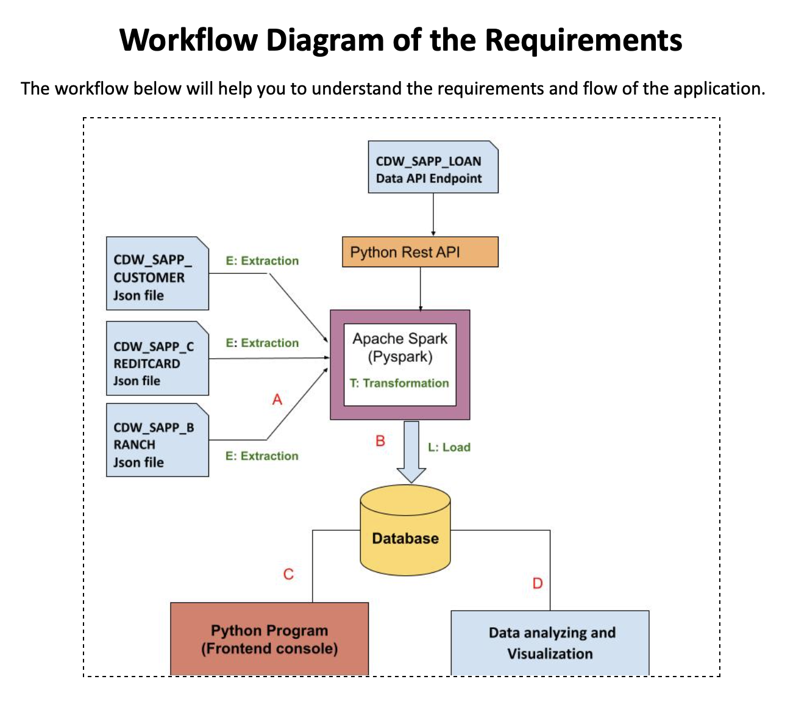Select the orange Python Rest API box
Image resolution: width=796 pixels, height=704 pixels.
tap(420, 252)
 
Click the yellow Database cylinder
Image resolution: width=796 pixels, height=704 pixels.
tap(405, 531)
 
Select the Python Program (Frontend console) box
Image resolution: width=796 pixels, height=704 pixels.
tap(269, 639)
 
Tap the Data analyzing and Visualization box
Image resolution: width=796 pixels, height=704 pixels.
tap(550, 643)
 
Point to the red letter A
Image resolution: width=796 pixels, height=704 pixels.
tap(277, 400)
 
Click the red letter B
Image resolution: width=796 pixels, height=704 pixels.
tap(380, 440)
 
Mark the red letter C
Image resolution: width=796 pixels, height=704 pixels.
tap(288, 574)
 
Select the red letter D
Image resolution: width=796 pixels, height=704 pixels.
tap(537, 583)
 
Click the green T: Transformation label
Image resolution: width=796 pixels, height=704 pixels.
tap(399, 383)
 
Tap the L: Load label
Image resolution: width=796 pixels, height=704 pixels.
tap(449, 447)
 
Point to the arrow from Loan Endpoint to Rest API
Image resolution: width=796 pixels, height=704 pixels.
tap(433, 214)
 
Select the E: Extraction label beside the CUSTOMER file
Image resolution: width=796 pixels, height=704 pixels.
tap(262, 260)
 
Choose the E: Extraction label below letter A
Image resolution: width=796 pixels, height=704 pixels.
tap(261, 456)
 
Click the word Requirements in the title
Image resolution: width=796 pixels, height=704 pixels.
tap(583, 40)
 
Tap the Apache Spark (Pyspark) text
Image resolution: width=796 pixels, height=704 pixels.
tap(400, 347)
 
